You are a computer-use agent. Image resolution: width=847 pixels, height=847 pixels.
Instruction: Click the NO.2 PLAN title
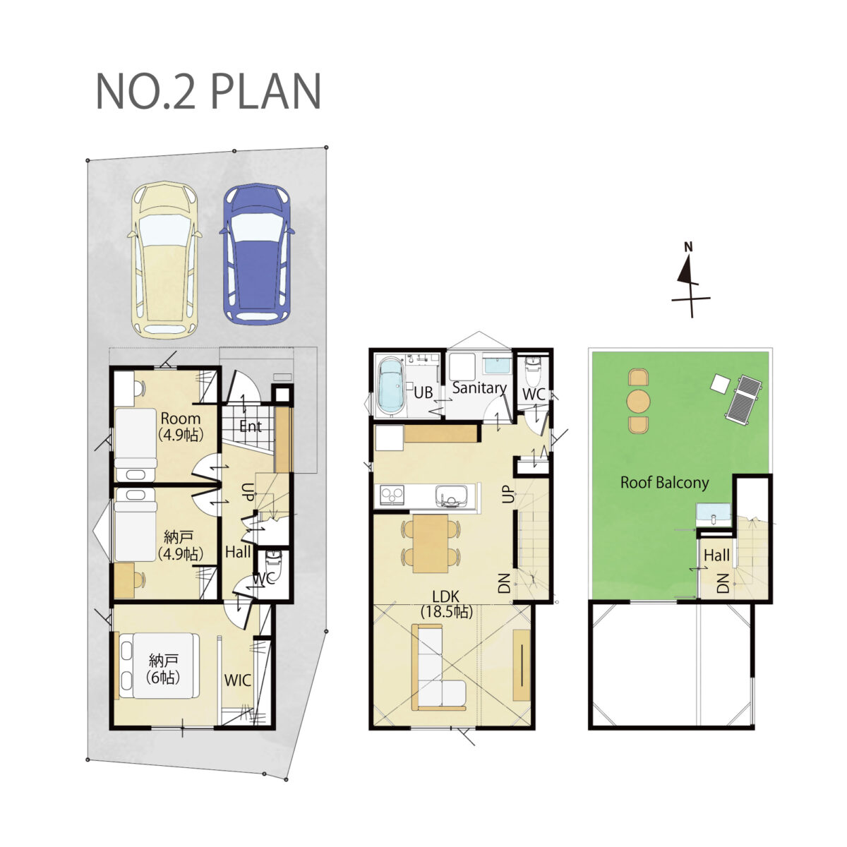point(208,92)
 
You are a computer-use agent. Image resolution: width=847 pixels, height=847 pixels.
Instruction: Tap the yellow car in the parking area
point(165,260)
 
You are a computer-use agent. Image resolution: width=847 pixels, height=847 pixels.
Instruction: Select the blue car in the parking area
point(257,254)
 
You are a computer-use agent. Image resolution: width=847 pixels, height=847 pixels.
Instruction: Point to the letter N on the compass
point(688,247)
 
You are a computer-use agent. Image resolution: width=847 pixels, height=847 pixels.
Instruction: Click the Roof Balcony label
point(664,482)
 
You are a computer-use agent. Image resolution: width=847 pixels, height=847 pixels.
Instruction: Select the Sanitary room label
point(479,388)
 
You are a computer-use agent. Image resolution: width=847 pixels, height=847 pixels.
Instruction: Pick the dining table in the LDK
point(431,543)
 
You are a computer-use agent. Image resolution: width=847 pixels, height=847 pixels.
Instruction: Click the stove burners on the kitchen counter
point(392,495)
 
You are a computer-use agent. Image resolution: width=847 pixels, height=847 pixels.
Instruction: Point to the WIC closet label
point(238,681)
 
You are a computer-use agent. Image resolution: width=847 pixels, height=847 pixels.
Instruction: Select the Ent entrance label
point(251,426)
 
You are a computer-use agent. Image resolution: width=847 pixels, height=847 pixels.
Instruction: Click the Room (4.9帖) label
point(181,426)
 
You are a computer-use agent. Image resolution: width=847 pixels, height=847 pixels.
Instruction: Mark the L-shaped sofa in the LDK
point(438,669)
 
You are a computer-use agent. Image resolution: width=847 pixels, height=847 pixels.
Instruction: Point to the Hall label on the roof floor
point(716,555)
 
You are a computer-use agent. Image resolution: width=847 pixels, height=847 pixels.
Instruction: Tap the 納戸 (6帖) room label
point(163,668)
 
